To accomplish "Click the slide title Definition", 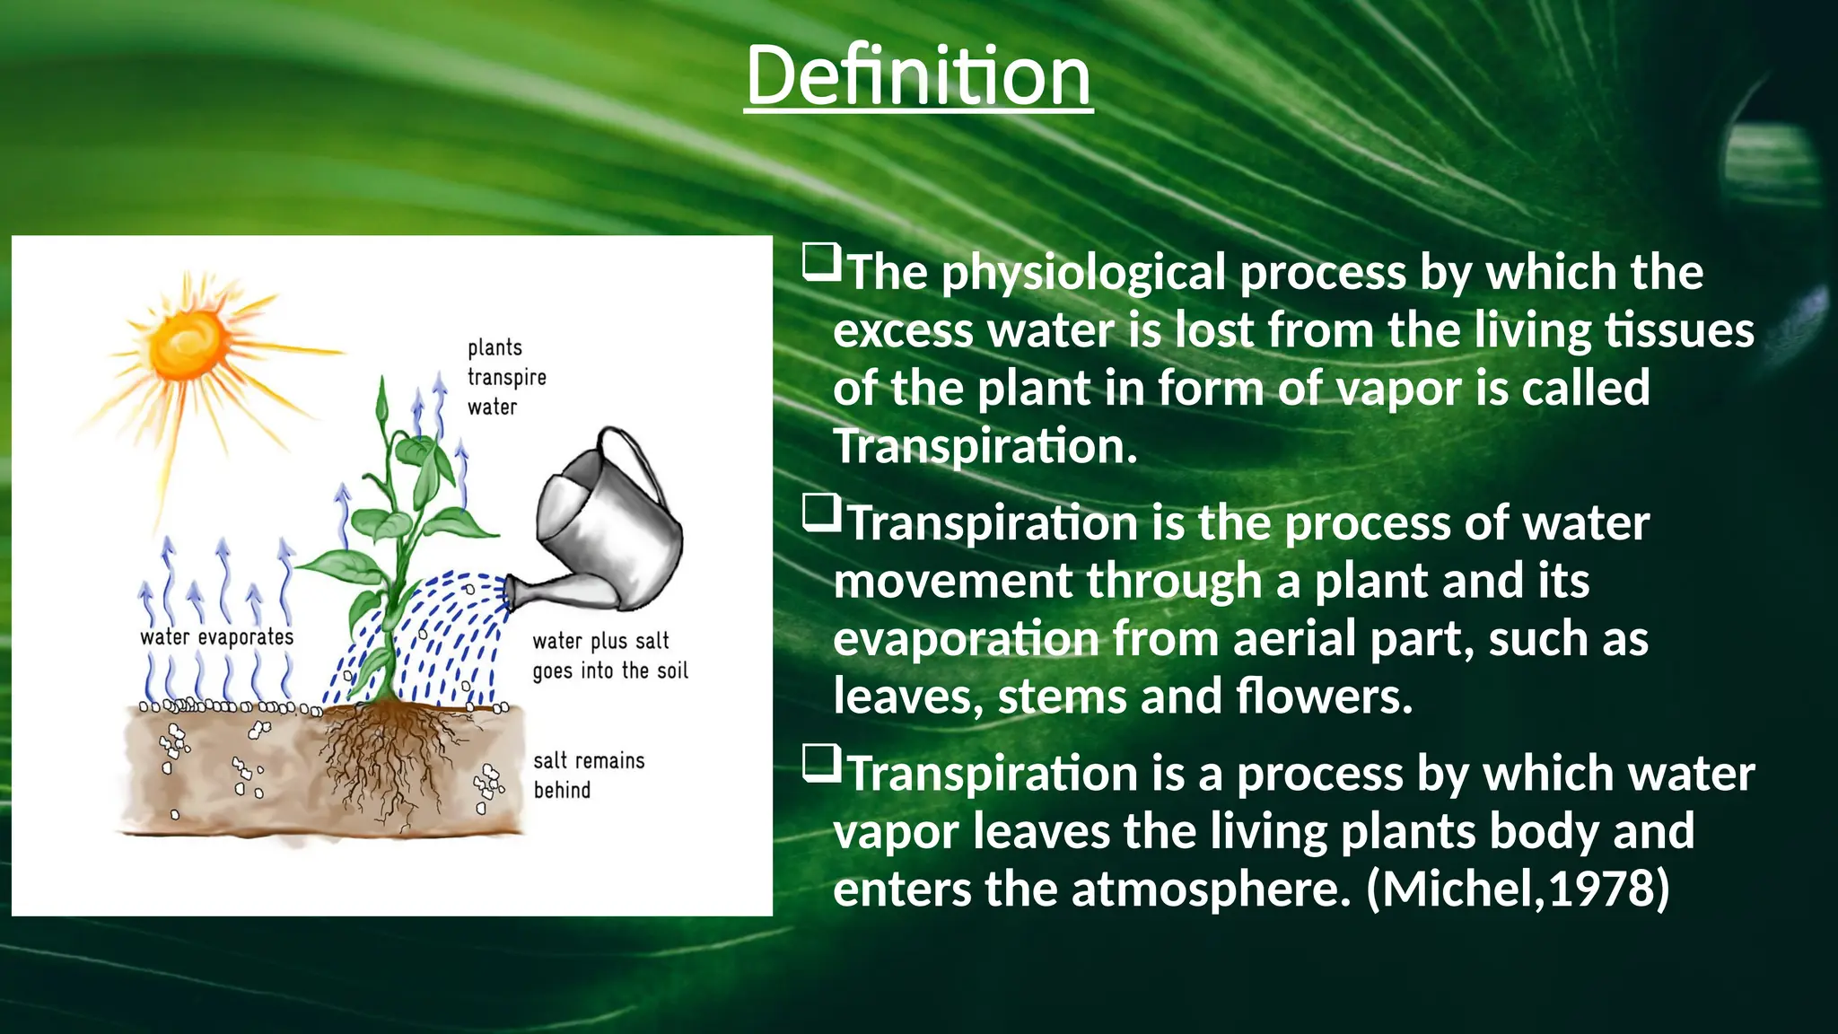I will (918, 76).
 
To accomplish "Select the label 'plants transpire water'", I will (506, 377).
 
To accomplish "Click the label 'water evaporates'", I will (216, 637).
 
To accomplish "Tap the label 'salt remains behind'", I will (588, 775).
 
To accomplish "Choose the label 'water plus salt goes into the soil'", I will (609, 656).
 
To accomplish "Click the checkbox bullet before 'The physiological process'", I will (821, 262).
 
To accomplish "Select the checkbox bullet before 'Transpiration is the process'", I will (821, 513).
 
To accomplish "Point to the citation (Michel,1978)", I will (1518, 889).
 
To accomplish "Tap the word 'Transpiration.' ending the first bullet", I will (985, 446).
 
